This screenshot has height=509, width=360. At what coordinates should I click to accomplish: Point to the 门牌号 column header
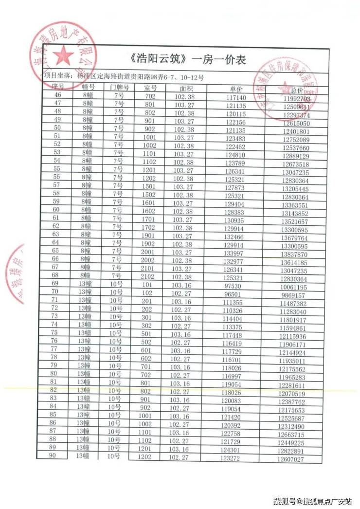click(x=119, y=88)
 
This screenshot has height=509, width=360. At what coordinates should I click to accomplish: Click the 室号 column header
click(x=150, y=88)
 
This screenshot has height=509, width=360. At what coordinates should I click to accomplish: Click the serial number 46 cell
click(x=58, y=95)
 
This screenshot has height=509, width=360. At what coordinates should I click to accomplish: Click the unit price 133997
click(x=234, y=254)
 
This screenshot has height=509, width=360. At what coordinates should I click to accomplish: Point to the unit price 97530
click(x=234, y=286)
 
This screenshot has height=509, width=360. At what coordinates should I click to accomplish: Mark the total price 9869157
click(x=293, y=295)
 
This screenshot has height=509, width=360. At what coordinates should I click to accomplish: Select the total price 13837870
click(x=293, y=254)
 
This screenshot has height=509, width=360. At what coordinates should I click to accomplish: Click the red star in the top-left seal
click(x=63, y=56)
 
